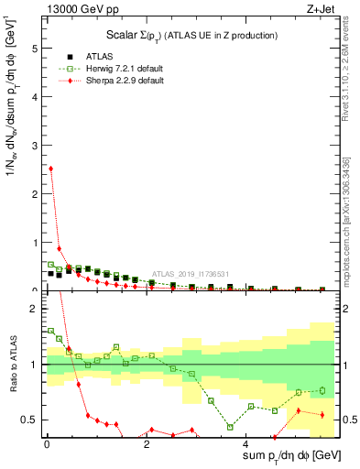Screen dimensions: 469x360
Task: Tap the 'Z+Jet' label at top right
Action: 318,10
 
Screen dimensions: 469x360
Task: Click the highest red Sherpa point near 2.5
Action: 50,169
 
